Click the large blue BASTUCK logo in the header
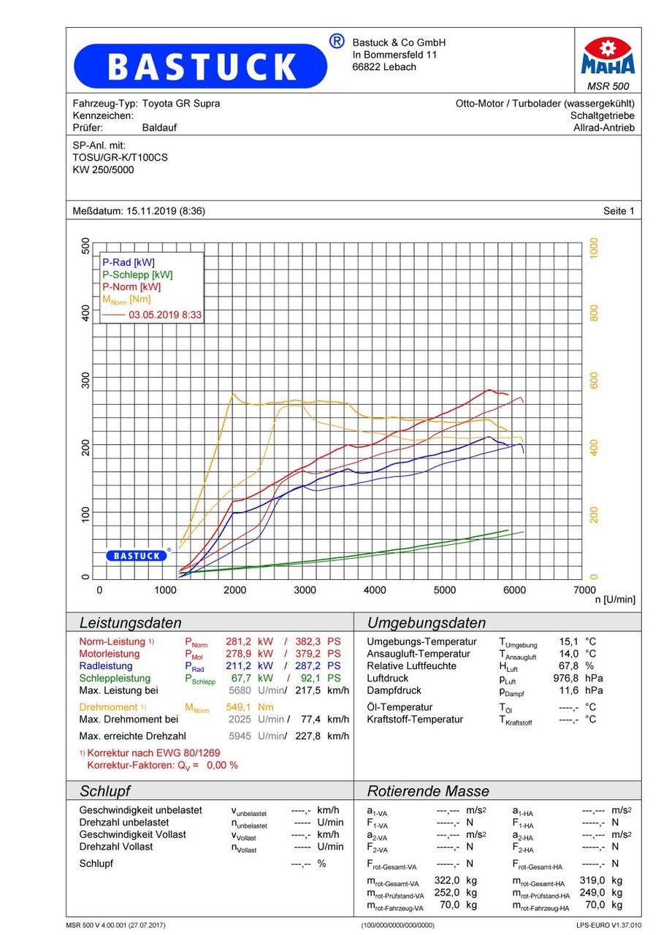(201, 66)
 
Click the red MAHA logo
(608, 56)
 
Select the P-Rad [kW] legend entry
(129, 262)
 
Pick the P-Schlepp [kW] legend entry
(137, 275)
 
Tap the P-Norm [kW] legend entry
(131, 287)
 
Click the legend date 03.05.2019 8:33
(165, 315)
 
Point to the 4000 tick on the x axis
(375, 590)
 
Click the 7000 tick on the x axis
(584, 589)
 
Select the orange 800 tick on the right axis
(594, 313)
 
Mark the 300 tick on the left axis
(85, 380)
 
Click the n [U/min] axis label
(615, 600)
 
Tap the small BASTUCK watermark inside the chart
(137, 556)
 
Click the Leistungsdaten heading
(130, 623)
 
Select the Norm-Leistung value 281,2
(240, 641)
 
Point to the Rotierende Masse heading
(428, 791)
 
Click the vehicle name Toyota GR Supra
(180, 104)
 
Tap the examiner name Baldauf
(159, 128)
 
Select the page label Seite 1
(619, 211)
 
